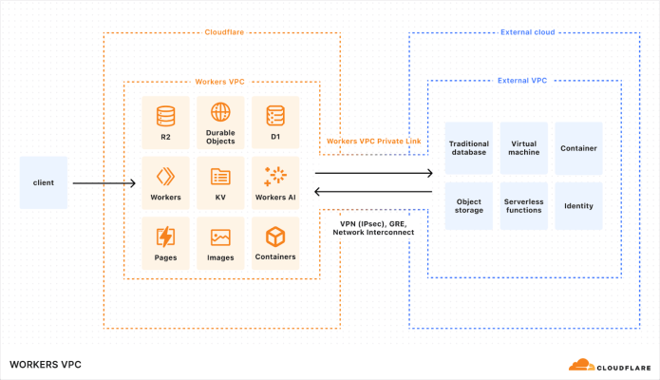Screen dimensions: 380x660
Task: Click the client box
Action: coord(44,181)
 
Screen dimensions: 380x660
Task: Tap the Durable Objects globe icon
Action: coord(220,112)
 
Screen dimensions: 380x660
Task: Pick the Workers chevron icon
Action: coord(165,175)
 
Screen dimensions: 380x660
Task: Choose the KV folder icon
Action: coord(220,175)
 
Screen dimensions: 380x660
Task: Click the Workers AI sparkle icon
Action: coord(275,175)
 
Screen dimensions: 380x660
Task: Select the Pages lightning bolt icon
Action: coord(165,236)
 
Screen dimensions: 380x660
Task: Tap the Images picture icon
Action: coord(220,236)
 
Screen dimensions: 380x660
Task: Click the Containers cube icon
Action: coord(275,236)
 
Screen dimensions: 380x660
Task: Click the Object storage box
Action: coord(468,205)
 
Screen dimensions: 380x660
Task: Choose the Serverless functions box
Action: coord(523,205)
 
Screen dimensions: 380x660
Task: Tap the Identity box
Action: coord(578,205)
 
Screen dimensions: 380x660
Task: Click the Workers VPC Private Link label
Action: coord(373,141)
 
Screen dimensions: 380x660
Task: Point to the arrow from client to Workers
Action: coord(104,182)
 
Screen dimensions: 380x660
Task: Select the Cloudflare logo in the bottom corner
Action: coord(608,364)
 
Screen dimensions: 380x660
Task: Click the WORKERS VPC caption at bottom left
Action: coord(46,364)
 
